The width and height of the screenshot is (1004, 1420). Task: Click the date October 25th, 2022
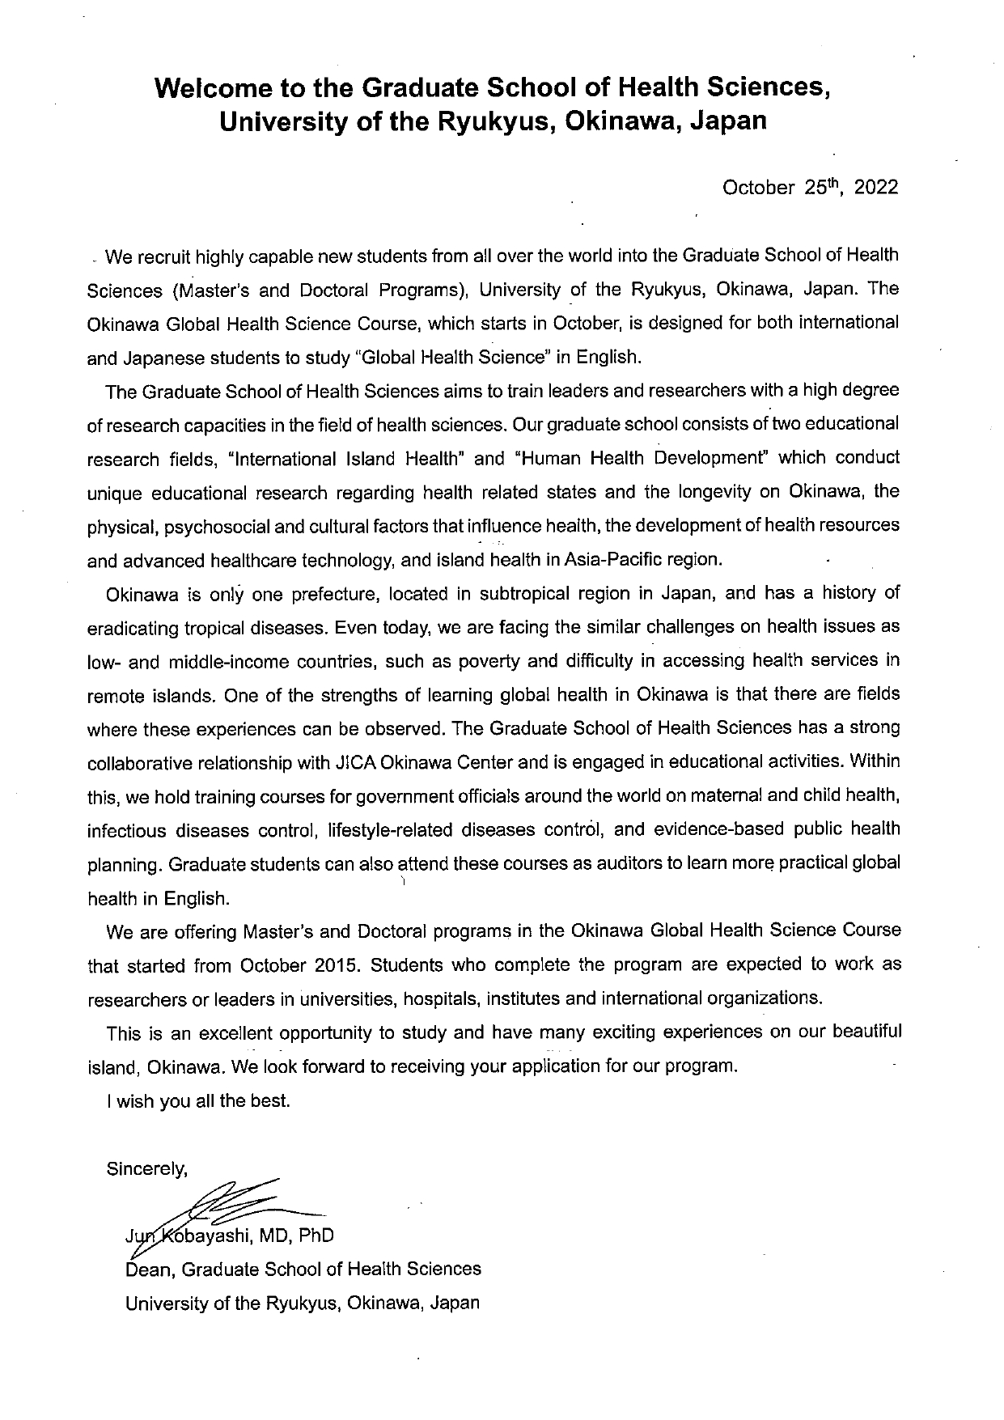810,188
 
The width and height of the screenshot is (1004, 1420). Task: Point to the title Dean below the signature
147,1269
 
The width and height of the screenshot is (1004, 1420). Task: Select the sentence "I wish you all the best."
197,1100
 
